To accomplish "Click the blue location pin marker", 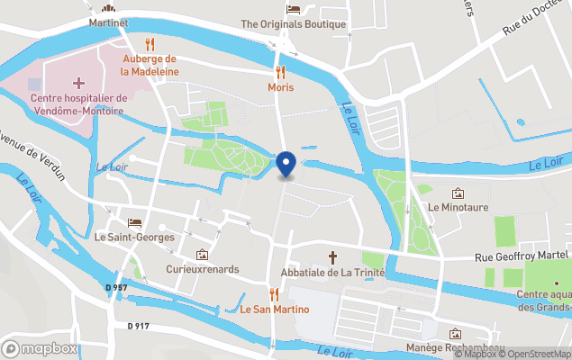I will coord(286,165).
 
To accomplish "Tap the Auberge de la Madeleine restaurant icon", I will coord(150,44).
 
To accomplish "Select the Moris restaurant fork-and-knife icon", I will coord(280,72).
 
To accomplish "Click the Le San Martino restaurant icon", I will coord(274,294).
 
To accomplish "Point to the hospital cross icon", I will coord(78,83).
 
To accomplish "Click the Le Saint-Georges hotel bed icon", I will coord(135,222).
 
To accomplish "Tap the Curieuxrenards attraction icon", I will coord(201,255).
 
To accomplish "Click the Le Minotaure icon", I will coord(458,193).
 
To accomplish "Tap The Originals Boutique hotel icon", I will coord(294,9).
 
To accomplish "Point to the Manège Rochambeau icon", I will coord(455,334).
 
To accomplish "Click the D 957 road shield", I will coord(114,286).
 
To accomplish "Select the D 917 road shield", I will coord(138,325).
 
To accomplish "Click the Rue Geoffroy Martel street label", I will coord(522,258).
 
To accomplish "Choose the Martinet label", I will coord(109,22).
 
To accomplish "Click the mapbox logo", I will coord(40,348).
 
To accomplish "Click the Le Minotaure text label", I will coord(458,207).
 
